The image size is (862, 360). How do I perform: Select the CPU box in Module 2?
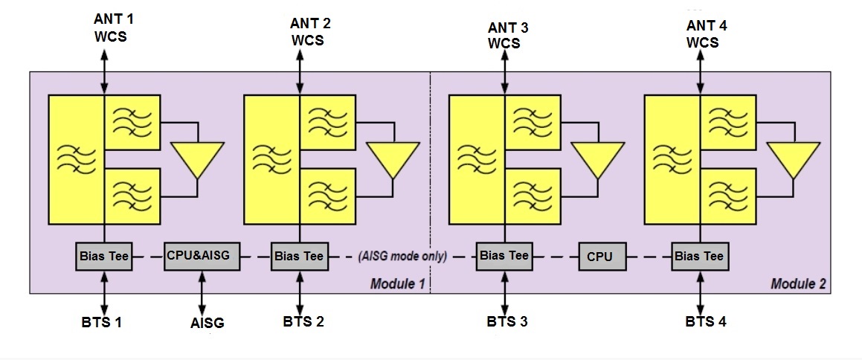coord(599,257)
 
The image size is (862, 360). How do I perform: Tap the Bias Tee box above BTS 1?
coord(104,257)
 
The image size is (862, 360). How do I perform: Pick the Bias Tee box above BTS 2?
coord(299,257)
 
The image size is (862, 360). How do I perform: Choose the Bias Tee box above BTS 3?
coord(504,256)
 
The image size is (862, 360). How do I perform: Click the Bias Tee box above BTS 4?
coord(699,257)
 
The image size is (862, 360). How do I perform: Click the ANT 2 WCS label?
coord(306,31)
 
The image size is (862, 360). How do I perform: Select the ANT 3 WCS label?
coord(504,35)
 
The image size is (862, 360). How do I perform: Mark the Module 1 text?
coord(398,284)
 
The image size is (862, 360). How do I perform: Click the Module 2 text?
coord(798,284)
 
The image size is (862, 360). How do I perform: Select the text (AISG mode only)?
coord(402,257)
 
